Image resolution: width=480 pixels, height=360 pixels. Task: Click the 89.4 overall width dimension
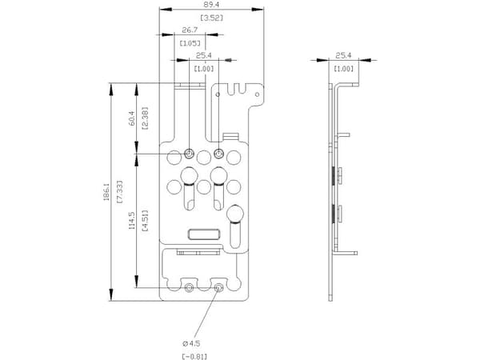pos(211,5)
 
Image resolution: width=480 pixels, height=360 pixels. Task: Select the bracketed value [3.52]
pos(211,18)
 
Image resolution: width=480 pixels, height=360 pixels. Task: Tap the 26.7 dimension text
pos(190,30)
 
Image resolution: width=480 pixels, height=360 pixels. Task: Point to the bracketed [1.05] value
pos(190,43)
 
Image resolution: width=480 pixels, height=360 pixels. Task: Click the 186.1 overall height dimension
pos(106,192)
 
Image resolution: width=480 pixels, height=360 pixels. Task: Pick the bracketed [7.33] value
pos(120,192)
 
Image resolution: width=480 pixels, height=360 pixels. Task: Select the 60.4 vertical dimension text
pos(132,118)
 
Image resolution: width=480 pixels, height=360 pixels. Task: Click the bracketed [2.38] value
pos(146,118)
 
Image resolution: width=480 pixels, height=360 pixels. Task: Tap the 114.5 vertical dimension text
pos(132,221)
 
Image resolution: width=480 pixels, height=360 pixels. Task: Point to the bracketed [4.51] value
pos(146,221)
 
